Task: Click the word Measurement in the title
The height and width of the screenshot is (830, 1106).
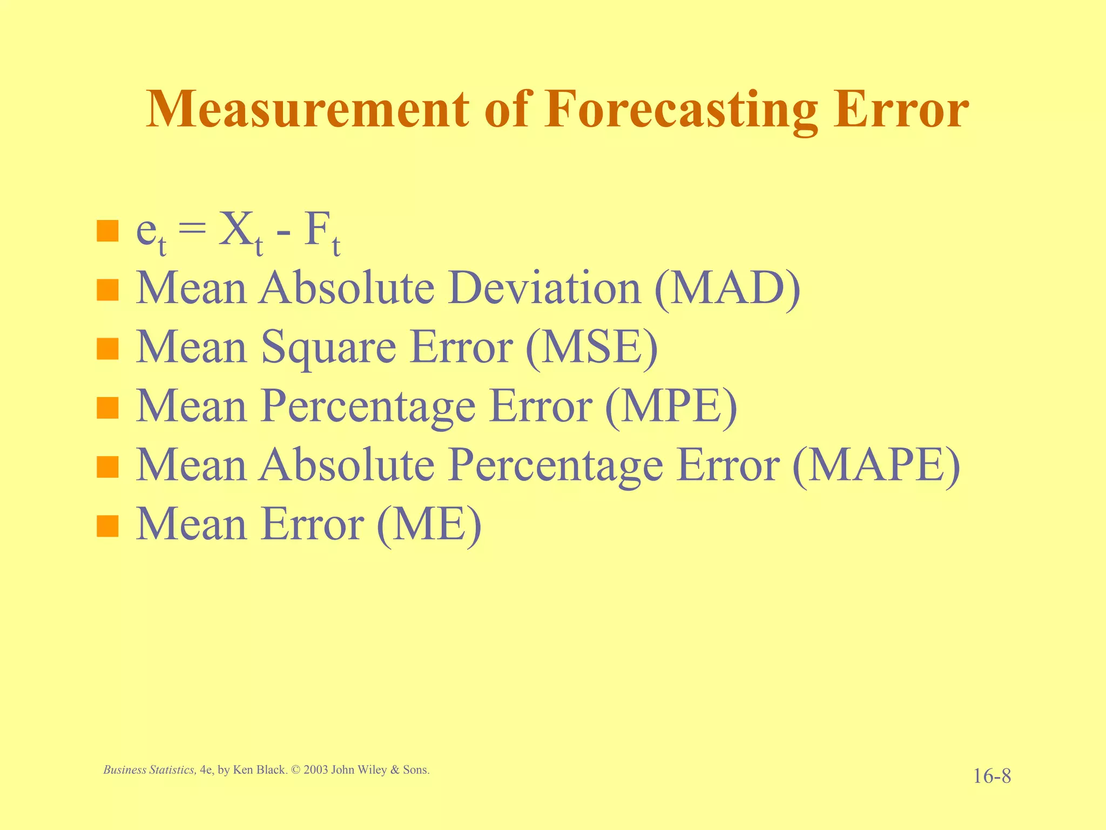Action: [307, 110]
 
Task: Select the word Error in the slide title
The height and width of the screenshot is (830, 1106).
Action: [901, 110]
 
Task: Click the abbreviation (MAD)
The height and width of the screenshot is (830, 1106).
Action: [727, 289]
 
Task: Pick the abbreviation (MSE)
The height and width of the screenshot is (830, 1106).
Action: [591, 347]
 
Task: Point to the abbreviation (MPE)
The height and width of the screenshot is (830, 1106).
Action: [671, 406]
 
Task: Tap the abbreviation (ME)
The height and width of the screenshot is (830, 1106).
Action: [428, 524]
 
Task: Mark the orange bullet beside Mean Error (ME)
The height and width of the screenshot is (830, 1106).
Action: [107, 526]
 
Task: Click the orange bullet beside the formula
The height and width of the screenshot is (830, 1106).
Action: [107, 231]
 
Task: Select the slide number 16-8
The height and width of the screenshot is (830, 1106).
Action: [992, 777]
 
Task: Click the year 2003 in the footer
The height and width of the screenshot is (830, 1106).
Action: [315, 770]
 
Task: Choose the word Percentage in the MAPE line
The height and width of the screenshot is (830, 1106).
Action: [556, 466]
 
